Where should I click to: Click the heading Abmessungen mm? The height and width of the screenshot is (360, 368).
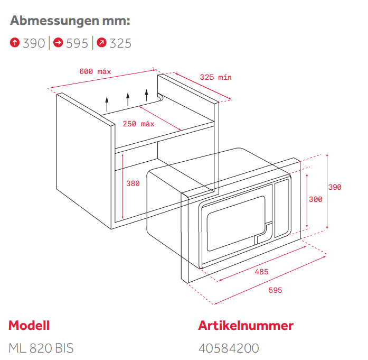point(70,21)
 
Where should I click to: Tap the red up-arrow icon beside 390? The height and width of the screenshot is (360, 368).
point(15,43)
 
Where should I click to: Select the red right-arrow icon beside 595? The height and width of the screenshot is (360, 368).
point(59,43)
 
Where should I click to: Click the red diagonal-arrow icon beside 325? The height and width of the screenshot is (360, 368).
point(102,43)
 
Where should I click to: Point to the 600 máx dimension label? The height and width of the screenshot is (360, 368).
point(95,71)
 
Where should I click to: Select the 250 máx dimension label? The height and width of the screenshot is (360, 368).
point(138,124)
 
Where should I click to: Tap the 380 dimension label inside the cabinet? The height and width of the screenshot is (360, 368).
point(133,183)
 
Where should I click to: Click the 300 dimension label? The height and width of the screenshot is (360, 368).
point(315,199)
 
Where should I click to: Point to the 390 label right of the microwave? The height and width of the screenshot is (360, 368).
point(335,187)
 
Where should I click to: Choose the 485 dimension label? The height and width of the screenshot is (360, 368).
point(261,272)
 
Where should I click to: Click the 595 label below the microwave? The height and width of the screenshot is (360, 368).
point(275,290)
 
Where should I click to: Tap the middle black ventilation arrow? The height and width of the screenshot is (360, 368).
point(127,98)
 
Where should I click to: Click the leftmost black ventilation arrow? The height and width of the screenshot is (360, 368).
point(107,102)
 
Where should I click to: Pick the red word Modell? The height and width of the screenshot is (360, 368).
point(29,325)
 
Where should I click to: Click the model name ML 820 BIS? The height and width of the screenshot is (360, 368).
point(41,348)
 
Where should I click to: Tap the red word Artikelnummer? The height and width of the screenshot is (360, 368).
point(246,325)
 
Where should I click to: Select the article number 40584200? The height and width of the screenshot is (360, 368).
point(229,348)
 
